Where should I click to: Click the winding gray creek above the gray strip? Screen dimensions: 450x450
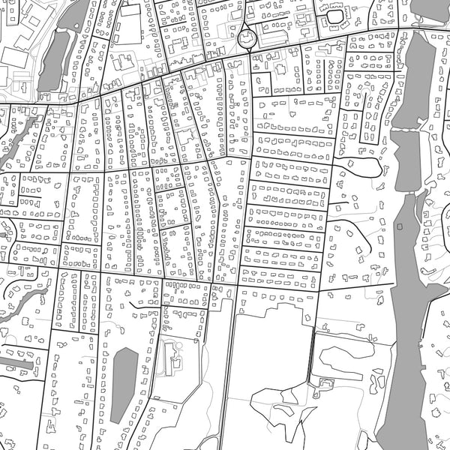coord(22,296)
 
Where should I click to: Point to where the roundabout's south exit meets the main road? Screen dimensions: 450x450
coord(250,51)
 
